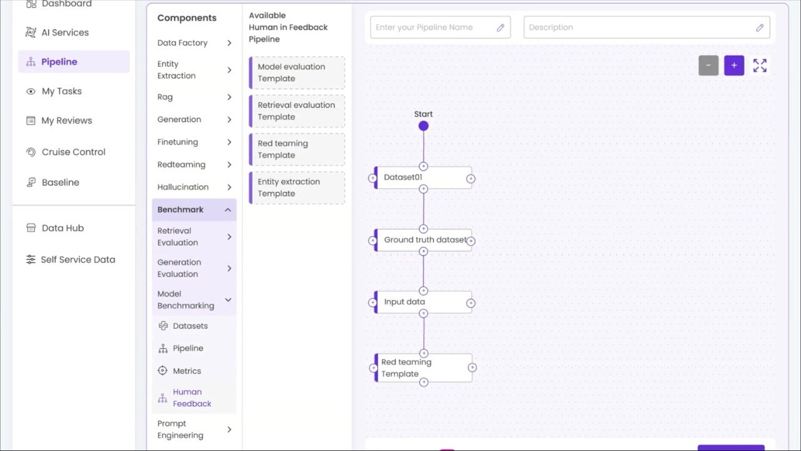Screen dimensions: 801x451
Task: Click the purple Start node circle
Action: pyautogui.click(x=424, y=126)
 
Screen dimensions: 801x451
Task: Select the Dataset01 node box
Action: pyautogui.click(x=423, y=177)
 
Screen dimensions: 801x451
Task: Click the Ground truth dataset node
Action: pyautogui.click(x=423, y=240)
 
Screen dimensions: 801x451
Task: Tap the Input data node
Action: pyautogui.click(x=423, y=302)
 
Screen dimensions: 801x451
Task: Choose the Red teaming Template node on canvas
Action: pyautogui.click(x=423, y=368)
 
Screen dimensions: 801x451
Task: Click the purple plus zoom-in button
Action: pyautogui.click(x=734, y=66)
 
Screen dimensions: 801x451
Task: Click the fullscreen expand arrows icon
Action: pyautogui.click(x=760, y=66)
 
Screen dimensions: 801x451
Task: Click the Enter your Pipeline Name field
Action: pyautogui.click(x=440, y=27)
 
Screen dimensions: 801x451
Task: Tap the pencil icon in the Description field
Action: pyautogui.click(x=760, y=27)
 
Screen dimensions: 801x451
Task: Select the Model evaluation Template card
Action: pyautogui.click(x=297, y=73)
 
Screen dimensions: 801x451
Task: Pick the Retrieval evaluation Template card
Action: pyautogui.click(x=297, y=111)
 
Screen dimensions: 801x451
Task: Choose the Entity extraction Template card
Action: pyautogui.click(x=297, y=187)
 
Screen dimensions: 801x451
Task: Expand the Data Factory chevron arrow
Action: pyautogui.click(x=229, y=43)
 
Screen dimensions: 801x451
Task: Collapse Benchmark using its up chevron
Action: pyautogui.click(x=228, y=210)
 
